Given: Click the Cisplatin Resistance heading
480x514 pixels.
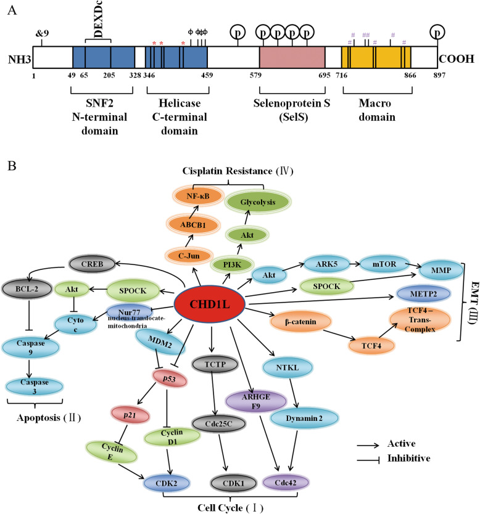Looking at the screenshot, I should click(x=220, y=171).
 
